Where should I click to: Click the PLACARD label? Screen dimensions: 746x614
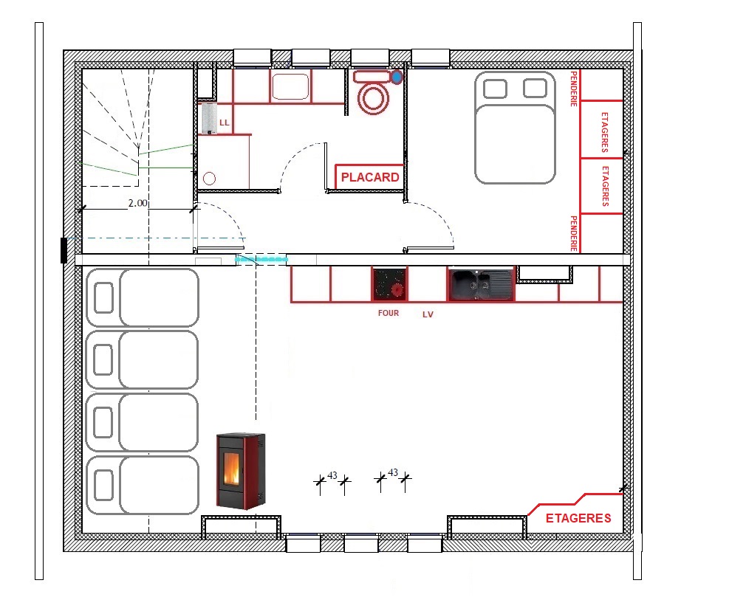pyautogui.click(x=370, y=177)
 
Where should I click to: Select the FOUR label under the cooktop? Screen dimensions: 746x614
pyautogui.click(x=389, y=313)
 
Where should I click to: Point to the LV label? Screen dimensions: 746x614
pyautogui.click(x=428, y=314)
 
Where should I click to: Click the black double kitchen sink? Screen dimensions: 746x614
pyautogui.click(x=481, y=284)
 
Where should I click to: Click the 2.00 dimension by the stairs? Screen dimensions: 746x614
pyautogui.click(x=138, y=203)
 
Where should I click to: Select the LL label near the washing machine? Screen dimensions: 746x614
pyautogui.click(x=224, y=123)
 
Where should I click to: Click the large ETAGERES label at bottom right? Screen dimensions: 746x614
pyautogui.click(x=578, y=518)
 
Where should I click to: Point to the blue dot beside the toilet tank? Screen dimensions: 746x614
pyautogui.click(x=397, y=77)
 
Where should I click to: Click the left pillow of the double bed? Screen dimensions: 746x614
pyautogui.click(x=495, y=89)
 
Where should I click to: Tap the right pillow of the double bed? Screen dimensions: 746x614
pyautogui.click(x=535, y=89)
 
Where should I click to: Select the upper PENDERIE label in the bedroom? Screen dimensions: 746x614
pyautogui.click(x=574, y=89)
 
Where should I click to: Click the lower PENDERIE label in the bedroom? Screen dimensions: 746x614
pyautogui.click(x=574, y=233)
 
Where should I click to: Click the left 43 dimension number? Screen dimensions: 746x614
pyautogui.click(x=332, y=475)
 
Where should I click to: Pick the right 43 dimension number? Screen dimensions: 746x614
pyautogui.click(x=393, y=472)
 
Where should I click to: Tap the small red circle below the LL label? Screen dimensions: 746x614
pyautogui.click(x=209, y=179)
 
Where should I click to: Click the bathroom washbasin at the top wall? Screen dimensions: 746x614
pyautogui.click(x=290, y=86)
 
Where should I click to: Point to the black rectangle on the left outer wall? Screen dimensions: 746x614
pyautogui.click(x=64, y=250)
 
